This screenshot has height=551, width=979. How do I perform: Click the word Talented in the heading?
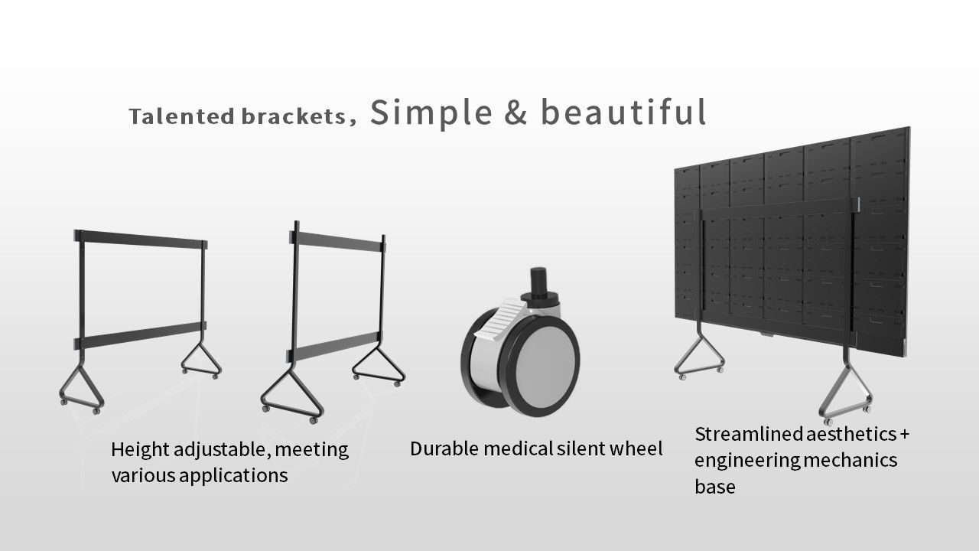coord(182,117)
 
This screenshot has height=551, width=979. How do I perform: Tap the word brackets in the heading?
coord(294,116)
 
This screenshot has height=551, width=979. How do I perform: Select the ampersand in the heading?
coord(516,112)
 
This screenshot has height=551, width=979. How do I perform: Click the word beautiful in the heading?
coord(623,112)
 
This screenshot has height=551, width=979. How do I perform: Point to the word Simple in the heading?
coord(431,114)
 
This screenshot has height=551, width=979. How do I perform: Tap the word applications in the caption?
coord(233,476)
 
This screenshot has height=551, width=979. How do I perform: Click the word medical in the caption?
coord(519,448)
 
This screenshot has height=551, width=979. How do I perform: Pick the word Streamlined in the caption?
coord(748,434)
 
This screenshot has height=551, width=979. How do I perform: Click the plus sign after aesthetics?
coord(904,435)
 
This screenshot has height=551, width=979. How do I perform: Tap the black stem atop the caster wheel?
coord(539,284)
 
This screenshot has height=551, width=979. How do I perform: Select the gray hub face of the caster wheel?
coord(545,365)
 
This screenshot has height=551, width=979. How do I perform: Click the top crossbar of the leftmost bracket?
coord(141,240)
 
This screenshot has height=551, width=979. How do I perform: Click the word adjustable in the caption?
coord(220,451)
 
